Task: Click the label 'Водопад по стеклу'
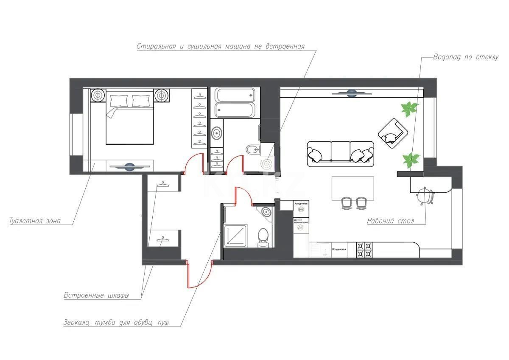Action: pyautogui.click(x=466, y=57)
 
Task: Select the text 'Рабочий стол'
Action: pyautogui.click(x=390, y=221)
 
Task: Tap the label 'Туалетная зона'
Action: pyautogui.click(x=35, y=221)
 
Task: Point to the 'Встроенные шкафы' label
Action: pyautogui.click(x=96, y=295)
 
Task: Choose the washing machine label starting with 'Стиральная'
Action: pyautogui.click(x=221, y=46)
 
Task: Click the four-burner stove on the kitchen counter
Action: pyautogui.click(x=364, y=250)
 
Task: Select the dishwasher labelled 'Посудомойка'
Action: pyautogui.click(x=338, y=250)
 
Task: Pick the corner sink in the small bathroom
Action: pyautogui.click(x=266, y=212)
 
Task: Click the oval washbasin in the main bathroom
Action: pyautogui.click(x=217, y=133)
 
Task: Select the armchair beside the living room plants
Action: pyautogui.click(x=392, y=132)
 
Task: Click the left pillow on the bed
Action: pyautogui.click(x=118, y=101)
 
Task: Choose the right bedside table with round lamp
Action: pyautogui.click(x=162, y=96)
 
